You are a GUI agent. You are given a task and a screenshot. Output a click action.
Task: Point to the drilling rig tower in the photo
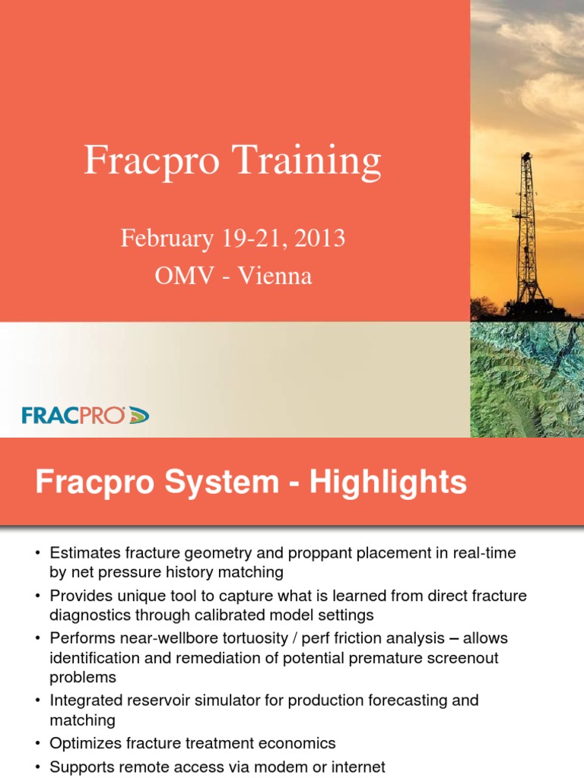pos(526,228)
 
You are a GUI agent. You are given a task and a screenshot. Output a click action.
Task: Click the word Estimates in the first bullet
pos(83,554)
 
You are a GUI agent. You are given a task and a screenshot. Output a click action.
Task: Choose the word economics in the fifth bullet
pos(295,743)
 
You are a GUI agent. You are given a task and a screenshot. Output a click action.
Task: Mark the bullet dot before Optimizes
pos(37,743)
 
